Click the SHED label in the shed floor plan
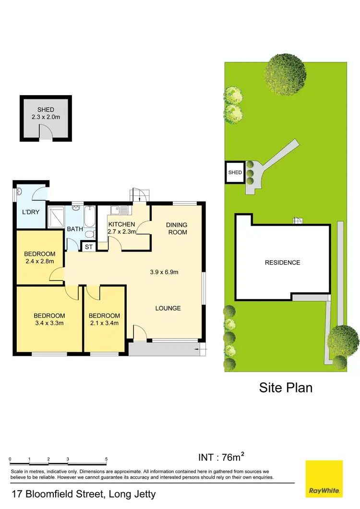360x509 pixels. click(x=46, y=110)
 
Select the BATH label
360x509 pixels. click(x=74, y=229)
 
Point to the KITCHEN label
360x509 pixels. click(x=121, y=224)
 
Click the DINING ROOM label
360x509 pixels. click(x=177, y=228)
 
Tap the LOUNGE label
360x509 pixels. click(x=168, y=308)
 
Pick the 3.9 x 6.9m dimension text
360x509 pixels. click(x=164, y=272)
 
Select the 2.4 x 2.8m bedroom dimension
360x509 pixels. click(x=39, y=261)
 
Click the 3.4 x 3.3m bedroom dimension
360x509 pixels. click(x=49, y=323)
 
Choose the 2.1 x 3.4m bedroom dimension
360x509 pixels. click(x=104, y=323)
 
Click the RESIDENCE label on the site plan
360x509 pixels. click(x=283, y=263)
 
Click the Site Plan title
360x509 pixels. click(x=286, y=387)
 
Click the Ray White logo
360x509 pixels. click(x=324, y=479)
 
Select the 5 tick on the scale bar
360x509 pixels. click(x=106, y=460)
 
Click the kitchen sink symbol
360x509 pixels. click(x=118, y=209)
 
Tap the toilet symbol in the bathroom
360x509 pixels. click(x=90, y=234)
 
